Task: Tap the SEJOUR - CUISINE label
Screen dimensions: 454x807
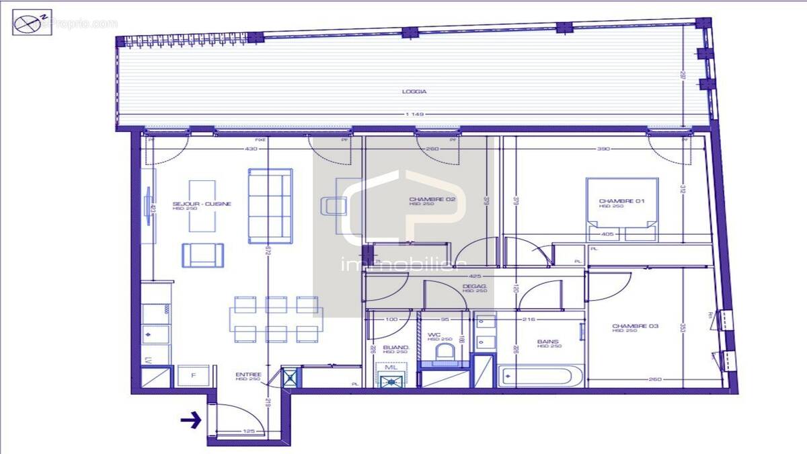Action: [193, 204]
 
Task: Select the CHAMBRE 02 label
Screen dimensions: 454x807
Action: [424, 200]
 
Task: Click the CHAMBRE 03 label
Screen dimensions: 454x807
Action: [626, 327]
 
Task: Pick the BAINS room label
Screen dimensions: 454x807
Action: [548, 342]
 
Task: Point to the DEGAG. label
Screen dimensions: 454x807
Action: [475, 287]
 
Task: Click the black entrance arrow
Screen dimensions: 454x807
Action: [191, 422]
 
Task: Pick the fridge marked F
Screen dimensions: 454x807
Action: [193, 376]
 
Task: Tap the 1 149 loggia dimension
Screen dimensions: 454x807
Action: [415, 114]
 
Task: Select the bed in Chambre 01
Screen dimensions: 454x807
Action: [621, 209]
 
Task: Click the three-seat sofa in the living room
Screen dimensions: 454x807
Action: [270, 205]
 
